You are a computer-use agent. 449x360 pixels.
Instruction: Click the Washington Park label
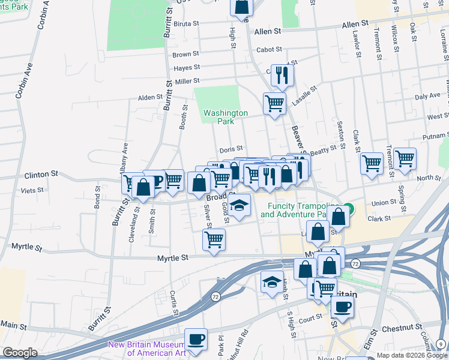225,117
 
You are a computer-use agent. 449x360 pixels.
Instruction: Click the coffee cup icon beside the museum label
196,338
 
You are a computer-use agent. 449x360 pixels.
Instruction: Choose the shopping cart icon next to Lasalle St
274,103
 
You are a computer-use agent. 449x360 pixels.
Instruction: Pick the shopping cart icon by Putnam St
405,158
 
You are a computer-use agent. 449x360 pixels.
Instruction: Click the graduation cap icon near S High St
272,281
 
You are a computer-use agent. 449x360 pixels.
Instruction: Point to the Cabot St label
268,50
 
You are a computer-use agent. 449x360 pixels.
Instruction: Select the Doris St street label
231,148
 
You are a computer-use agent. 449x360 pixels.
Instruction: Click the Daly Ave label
427,96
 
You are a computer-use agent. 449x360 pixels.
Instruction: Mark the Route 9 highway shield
442,344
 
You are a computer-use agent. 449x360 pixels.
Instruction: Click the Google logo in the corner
20,353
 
